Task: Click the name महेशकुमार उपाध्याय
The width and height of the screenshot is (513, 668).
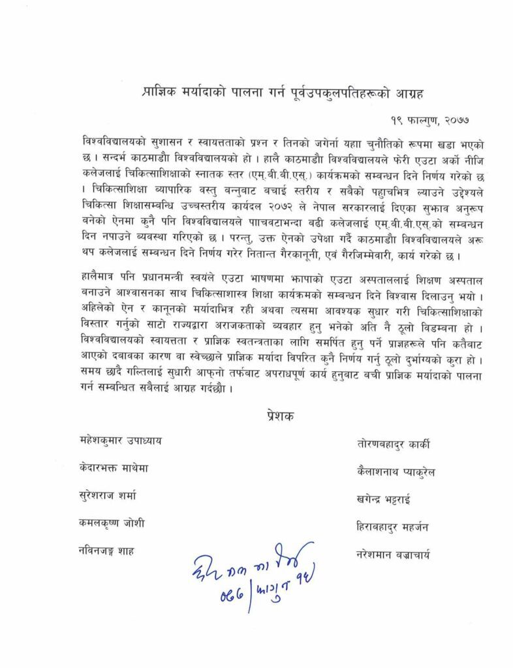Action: click(116, 441)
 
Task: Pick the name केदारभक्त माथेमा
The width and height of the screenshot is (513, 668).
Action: click(113, 470)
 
